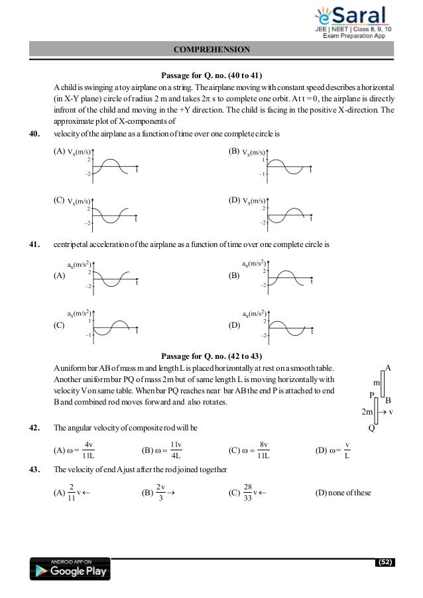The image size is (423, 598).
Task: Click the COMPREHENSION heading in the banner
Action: (x=211, y=49)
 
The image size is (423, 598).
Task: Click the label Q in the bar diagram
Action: (x=371, y=428)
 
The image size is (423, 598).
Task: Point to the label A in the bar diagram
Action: (x=389, y=367)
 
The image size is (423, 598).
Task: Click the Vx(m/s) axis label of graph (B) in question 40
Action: (x=255, y=152)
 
